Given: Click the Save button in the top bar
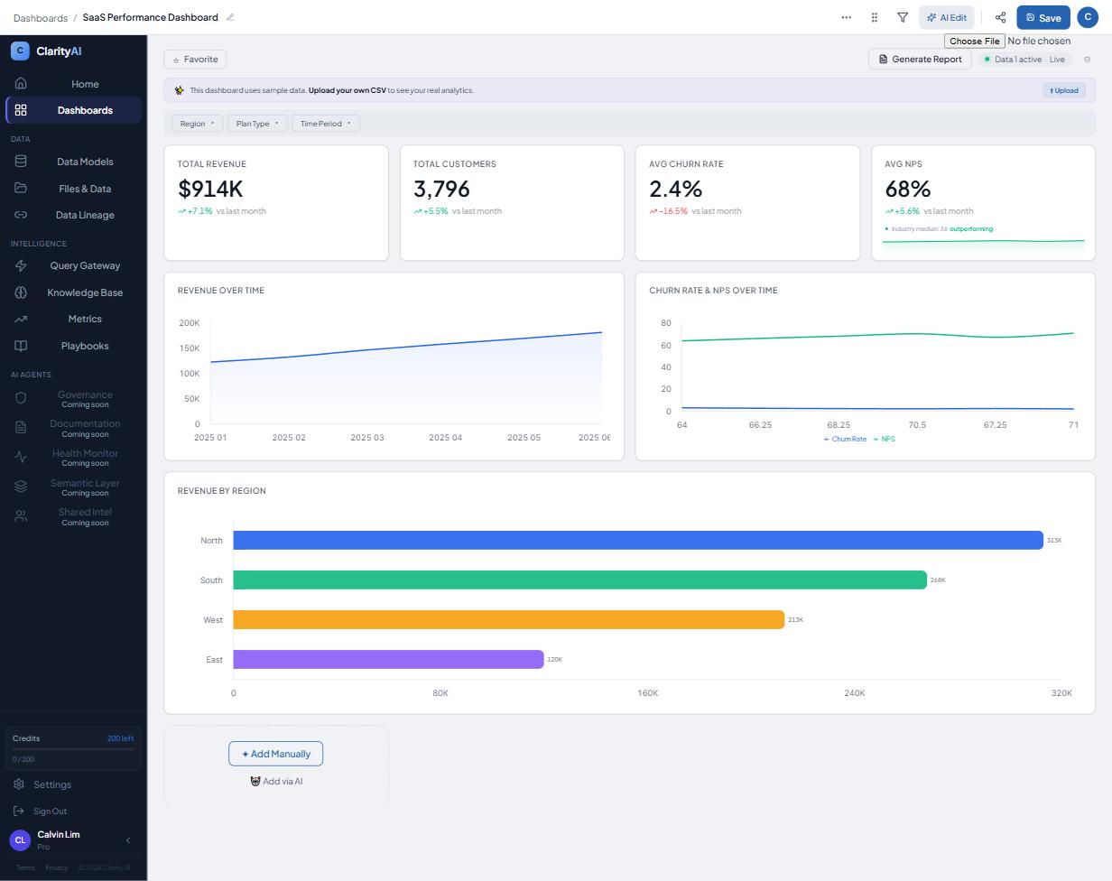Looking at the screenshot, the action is tap(1042, 17).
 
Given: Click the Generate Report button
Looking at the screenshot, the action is tap(920, 60).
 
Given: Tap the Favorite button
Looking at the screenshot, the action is tap(195, 60).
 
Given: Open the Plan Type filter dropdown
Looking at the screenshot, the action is tap(257, 124).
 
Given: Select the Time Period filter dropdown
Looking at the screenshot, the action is tap(326, 124).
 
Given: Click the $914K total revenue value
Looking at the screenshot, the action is tap(210, 189).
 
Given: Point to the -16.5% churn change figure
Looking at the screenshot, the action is tap(673, 211).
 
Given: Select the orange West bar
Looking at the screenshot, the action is tap(508, 619).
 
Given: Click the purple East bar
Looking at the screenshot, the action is tap(388, 659).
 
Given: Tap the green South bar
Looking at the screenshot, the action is tap(579, 580).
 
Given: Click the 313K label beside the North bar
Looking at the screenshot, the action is tap(1054, 541).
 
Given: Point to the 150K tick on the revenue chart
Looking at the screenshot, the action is tap(190, 348).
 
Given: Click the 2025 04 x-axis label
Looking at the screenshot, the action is tap(445, 438).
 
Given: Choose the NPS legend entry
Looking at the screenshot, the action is tap(885, 440).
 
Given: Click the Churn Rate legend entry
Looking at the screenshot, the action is tap(845, 440).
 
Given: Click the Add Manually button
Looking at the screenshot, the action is tap(276, 754).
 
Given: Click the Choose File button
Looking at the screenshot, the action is tap(974, 41).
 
